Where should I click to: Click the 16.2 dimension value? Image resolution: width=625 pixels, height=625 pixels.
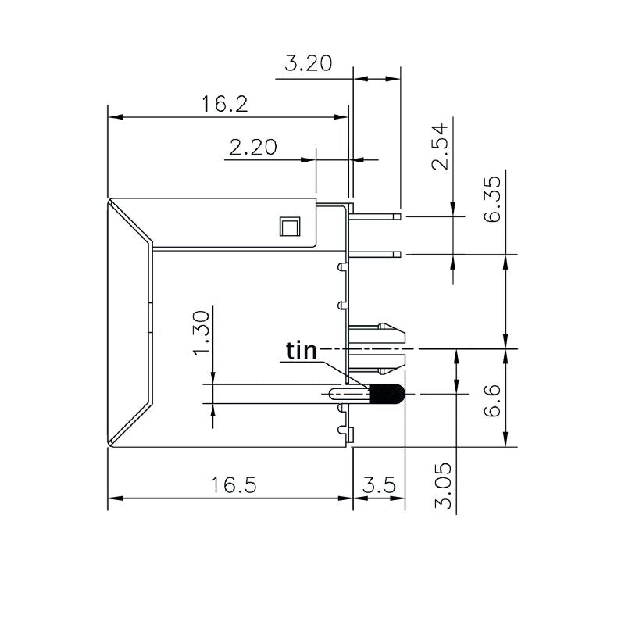pyautogui.click(x=226, y=104)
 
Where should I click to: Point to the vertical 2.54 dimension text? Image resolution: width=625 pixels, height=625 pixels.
pyautogui.click(x=441, y=146)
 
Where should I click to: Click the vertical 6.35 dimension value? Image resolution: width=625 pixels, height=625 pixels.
pyautogui.click(x=492, y=201)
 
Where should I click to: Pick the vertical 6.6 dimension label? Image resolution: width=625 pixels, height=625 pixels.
pyautogui.click(x=492, y=401)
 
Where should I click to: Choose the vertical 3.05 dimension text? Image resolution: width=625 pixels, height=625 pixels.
pyautogui.click(x=444, y=485)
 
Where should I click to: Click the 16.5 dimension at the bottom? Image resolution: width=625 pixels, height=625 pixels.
pyautogui.click(x=233, y=485)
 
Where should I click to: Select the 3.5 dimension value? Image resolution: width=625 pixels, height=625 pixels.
pyautogui.click(x=379, y=485)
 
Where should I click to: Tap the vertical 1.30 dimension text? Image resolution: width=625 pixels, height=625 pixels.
pyautogui.click(x=201, y=331)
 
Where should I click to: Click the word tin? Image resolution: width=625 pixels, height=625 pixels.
pyautogui.click(x=302, y=351)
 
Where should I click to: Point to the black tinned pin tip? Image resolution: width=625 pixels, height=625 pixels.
pyautogui.click(x=386, y=394)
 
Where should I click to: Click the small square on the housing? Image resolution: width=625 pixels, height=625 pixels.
pyautogui.click(x=288, y=227)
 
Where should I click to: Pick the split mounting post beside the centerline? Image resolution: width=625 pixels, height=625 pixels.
pyautogui.click(x=379, y=347)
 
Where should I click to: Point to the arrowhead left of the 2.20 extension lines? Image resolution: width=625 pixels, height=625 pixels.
pyautogui.click(x=309, y=159)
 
